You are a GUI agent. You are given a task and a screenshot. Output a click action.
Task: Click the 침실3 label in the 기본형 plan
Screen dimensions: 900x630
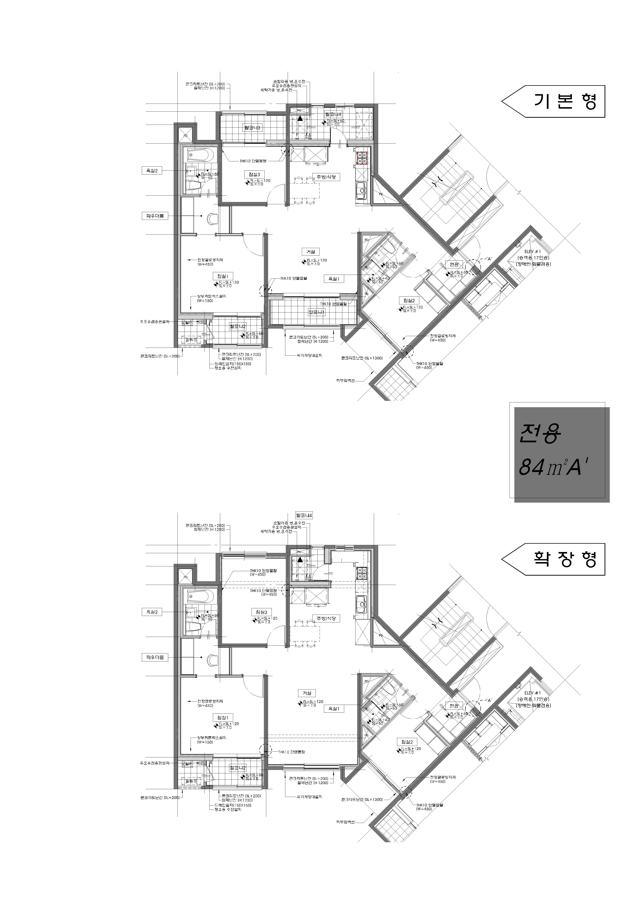(x=254, y=174)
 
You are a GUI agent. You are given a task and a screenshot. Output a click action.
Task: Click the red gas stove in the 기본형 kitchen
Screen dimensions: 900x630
(x=362, y=158)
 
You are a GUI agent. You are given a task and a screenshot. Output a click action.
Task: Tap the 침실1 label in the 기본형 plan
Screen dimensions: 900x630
(x=222, y=276)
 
